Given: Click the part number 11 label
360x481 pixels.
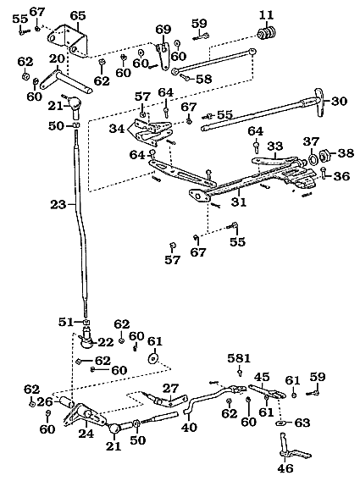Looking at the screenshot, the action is click(x=266, y=14).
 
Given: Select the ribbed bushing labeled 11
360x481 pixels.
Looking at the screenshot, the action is click(x=267, y=33).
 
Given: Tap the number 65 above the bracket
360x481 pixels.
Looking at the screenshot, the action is click(x=78, y=15).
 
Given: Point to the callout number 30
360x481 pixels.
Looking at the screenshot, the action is click(x=339, y=102).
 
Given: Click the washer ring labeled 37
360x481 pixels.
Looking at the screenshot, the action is click(x=313, y=158).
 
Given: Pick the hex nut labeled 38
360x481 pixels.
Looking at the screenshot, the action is click(x=324, y=156).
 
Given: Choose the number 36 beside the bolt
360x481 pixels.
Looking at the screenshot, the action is click(x=341, y=176).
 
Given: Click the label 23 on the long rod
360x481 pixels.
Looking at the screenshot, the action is click(x=58, y=204).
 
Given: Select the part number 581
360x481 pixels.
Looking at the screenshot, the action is click(x=239, y=358).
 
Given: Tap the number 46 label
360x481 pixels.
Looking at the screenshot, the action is click(x=285, y=468).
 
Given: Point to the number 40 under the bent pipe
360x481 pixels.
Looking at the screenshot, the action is click(x=189, y=427).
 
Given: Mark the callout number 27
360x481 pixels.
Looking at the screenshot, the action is click(x=170, y=389).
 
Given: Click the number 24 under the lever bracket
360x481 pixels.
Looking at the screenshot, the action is click(x=86, y=434).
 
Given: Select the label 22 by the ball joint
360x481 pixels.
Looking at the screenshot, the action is click(x=105, y=342).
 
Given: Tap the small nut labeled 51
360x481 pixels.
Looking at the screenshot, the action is click(x=86, y=322).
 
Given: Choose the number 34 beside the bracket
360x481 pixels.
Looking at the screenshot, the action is click(x=117, y=129).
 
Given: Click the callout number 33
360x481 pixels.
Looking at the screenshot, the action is click(x=274, y=146).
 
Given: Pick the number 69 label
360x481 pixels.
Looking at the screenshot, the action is click(x=163, y=30).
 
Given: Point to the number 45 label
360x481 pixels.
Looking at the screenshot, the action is click(x=262, y=377).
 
